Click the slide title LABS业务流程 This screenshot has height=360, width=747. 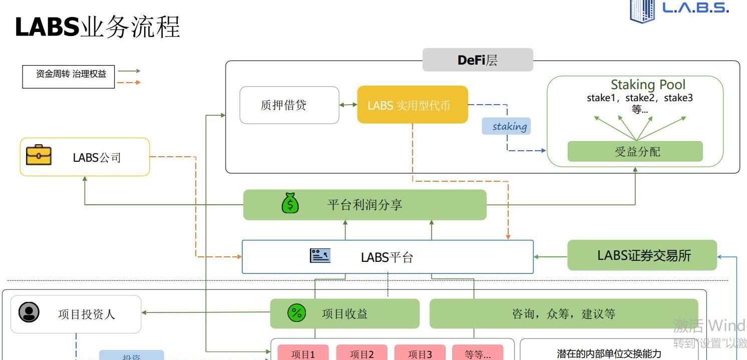(x=98, y=27)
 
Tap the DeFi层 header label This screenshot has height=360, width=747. (x=478, y=60)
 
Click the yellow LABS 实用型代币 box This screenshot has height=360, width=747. (x=412, y=105)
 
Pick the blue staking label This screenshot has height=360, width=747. (x=506, y=126)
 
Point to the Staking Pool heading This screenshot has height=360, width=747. (x=647, y=85)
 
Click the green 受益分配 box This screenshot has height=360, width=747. (x=635, y=151)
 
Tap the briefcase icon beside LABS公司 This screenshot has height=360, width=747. (x=39, y=155)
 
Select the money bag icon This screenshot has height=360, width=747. (x=290, y=204)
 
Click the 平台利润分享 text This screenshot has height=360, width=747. (x=364, y=205)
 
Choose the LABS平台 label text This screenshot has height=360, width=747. (x=387, y=257)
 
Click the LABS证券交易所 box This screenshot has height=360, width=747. (x=642, y=255)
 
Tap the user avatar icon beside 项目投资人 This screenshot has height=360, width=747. (x=29, y=312)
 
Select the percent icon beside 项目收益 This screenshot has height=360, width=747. (x=296, y=313)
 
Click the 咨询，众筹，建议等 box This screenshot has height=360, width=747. (x=563, y=314)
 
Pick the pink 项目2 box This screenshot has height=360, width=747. (x=361, y=353)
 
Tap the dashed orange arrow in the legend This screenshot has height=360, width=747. (x=129, y=82)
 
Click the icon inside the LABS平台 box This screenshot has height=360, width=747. (x=320, y=255)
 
